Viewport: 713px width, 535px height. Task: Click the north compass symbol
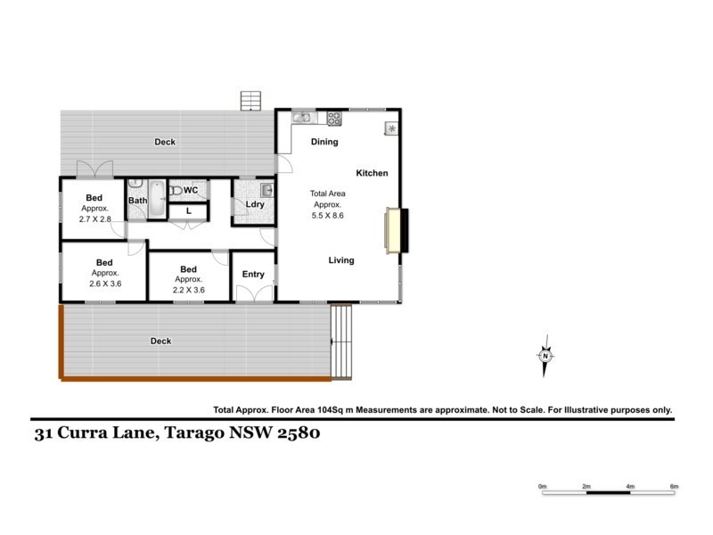(545, 354)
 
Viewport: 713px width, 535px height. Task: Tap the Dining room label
(324, 142)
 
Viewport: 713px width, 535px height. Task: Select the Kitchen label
(373, 173)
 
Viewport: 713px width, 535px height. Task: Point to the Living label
(341, 260)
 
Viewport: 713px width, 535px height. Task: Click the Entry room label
(253, 274)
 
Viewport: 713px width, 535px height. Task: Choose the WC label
(190, 190)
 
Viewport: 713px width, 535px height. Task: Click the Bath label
(137, 201)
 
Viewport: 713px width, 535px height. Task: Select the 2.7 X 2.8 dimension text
(94, 218)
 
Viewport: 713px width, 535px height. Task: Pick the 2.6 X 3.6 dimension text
(105, 284)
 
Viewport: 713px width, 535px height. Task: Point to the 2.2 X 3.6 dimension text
(188, 290)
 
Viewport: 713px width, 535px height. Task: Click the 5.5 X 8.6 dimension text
(327, 215)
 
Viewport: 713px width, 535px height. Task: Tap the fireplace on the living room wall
(393, 229)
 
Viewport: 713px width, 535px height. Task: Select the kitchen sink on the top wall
(302, 117)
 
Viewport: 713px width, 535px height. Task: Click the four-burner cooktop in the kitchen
(334, 117)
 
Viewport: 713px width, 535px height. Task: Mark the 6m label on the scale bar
(675, 486)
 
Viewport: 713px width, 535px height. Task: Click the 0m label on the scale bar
(542, 486)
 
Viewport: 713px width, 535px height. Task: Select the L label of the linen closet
(188, 211)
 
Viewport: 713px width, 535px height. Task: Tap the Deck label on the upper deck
(165, 142)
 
